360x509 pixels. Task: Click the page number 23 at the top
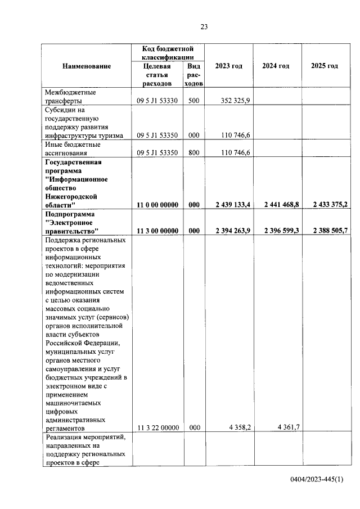click(x=204, y=26)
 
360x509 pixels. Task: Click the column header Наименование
click(x=87, y=66)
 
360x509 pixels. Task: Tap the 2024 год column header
click(x=276, y=66)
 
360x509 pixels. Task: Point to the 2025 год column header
click(x=325, y=66)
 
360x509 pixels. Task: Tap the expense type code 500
click(x=194, y=101)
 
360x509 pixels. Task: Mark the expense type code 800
click(x=194, y=152)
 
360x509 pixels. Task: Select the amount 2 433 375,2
click(x=327, y=206)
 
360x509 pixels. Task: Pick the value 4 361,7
click(x=287, y=427)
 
